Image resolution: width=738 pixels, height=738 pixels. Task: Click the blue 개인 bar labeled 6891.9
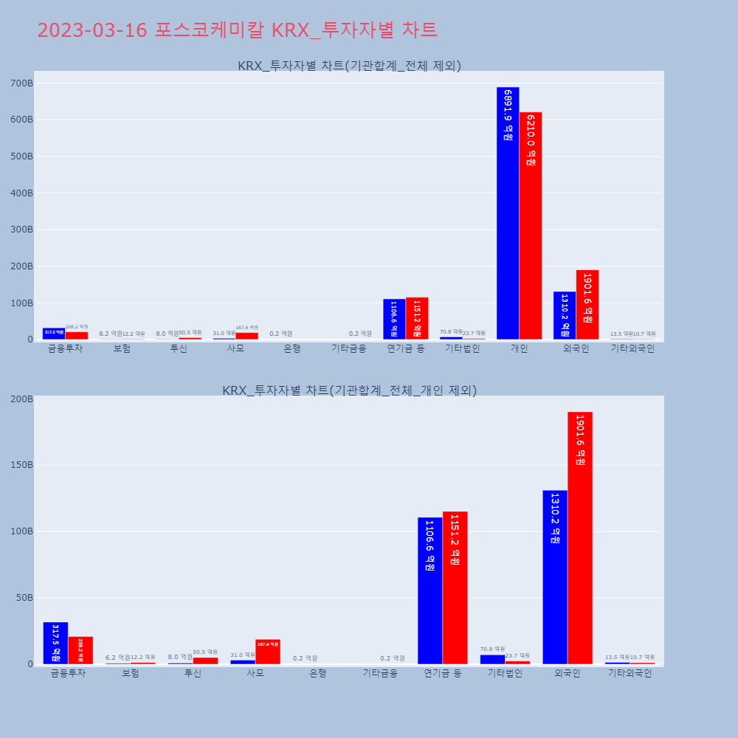508,213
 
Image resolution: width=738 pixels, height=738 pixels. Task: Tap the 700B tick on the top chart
21,83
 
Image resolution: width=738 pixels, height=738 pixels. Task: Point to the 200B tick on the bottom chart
21,399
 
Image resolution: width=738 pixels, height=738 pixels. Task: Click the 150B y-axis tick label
21,465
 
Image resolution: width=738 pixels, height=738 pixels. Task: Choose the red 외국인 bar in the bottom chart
580,538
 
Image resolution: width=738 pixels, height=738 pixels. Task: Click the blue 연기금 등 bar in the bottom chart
430,590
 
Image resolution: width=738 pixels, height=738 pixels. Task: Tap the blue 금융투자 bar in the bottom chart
55,643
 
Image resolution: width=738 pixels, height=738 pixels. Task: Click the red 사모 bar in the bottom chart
268,652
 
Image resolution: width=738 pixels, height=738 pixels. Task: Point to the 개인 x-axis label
519,349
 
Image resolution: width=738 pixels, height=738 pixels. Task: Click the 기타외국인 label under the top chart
632,349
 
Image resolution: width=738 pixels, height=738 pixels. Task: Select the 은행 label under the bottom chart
318,673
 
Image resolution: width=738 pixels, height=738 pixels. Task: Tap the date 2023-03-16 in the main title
92,30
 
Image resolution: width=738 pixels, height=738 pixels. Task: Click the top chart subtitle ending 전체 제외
349,66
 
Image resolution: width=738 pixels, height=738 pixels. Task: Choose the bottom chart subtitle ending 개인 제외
349,390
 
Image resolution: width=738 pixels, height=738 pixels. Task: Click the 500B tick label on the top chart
21,156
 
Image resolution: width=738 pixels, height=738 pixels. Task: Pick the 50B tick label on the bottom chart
24,598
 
